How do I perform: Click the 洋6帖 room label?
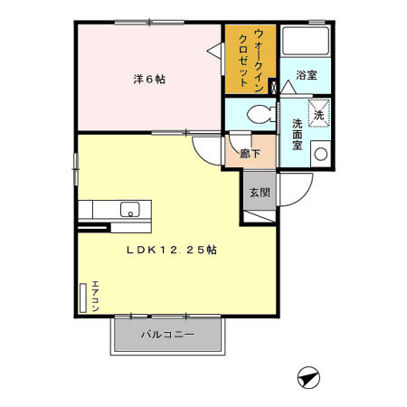click(x=149, y=79)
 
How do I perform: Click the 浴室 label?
click(x=306, y=77)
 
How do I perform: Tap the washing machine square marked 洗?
click(x=317, y=113)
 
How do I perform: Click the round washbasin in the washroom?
click(x=318, y=154)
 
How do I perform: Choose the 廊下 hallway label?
click(x=250, y=154)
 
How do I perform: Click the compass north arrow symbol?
click(x=308, y=377)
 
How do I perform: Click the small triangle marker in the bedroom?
click(x=214, y=54)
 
